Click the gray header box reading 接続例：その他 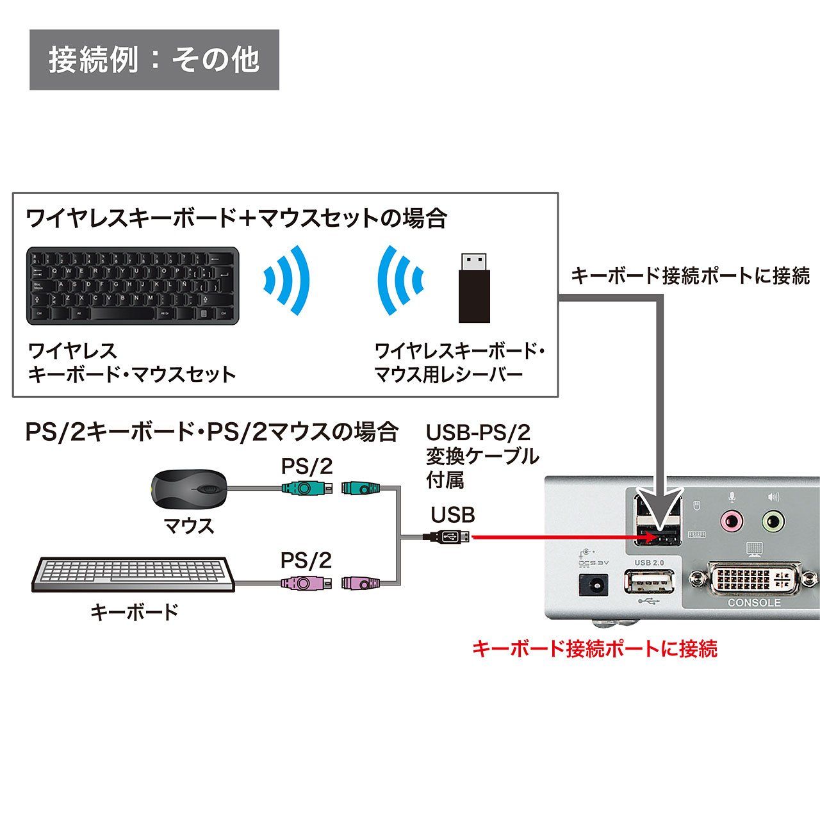coord(154,60)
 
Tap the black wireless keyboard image coord(133,286)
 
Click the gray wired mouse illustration coord(189,489)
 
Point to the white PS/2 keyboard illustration coord(133,574)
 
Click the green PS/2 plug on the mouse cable coord(306,489)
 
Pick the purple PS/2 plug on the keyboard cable coord(306,584)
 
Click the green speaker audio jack coord(773,521)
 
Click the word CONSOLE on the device coord(754,603)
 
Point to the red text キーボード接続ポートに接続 coord(594,648)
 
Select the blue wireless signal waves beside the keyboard coord(287,281)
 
